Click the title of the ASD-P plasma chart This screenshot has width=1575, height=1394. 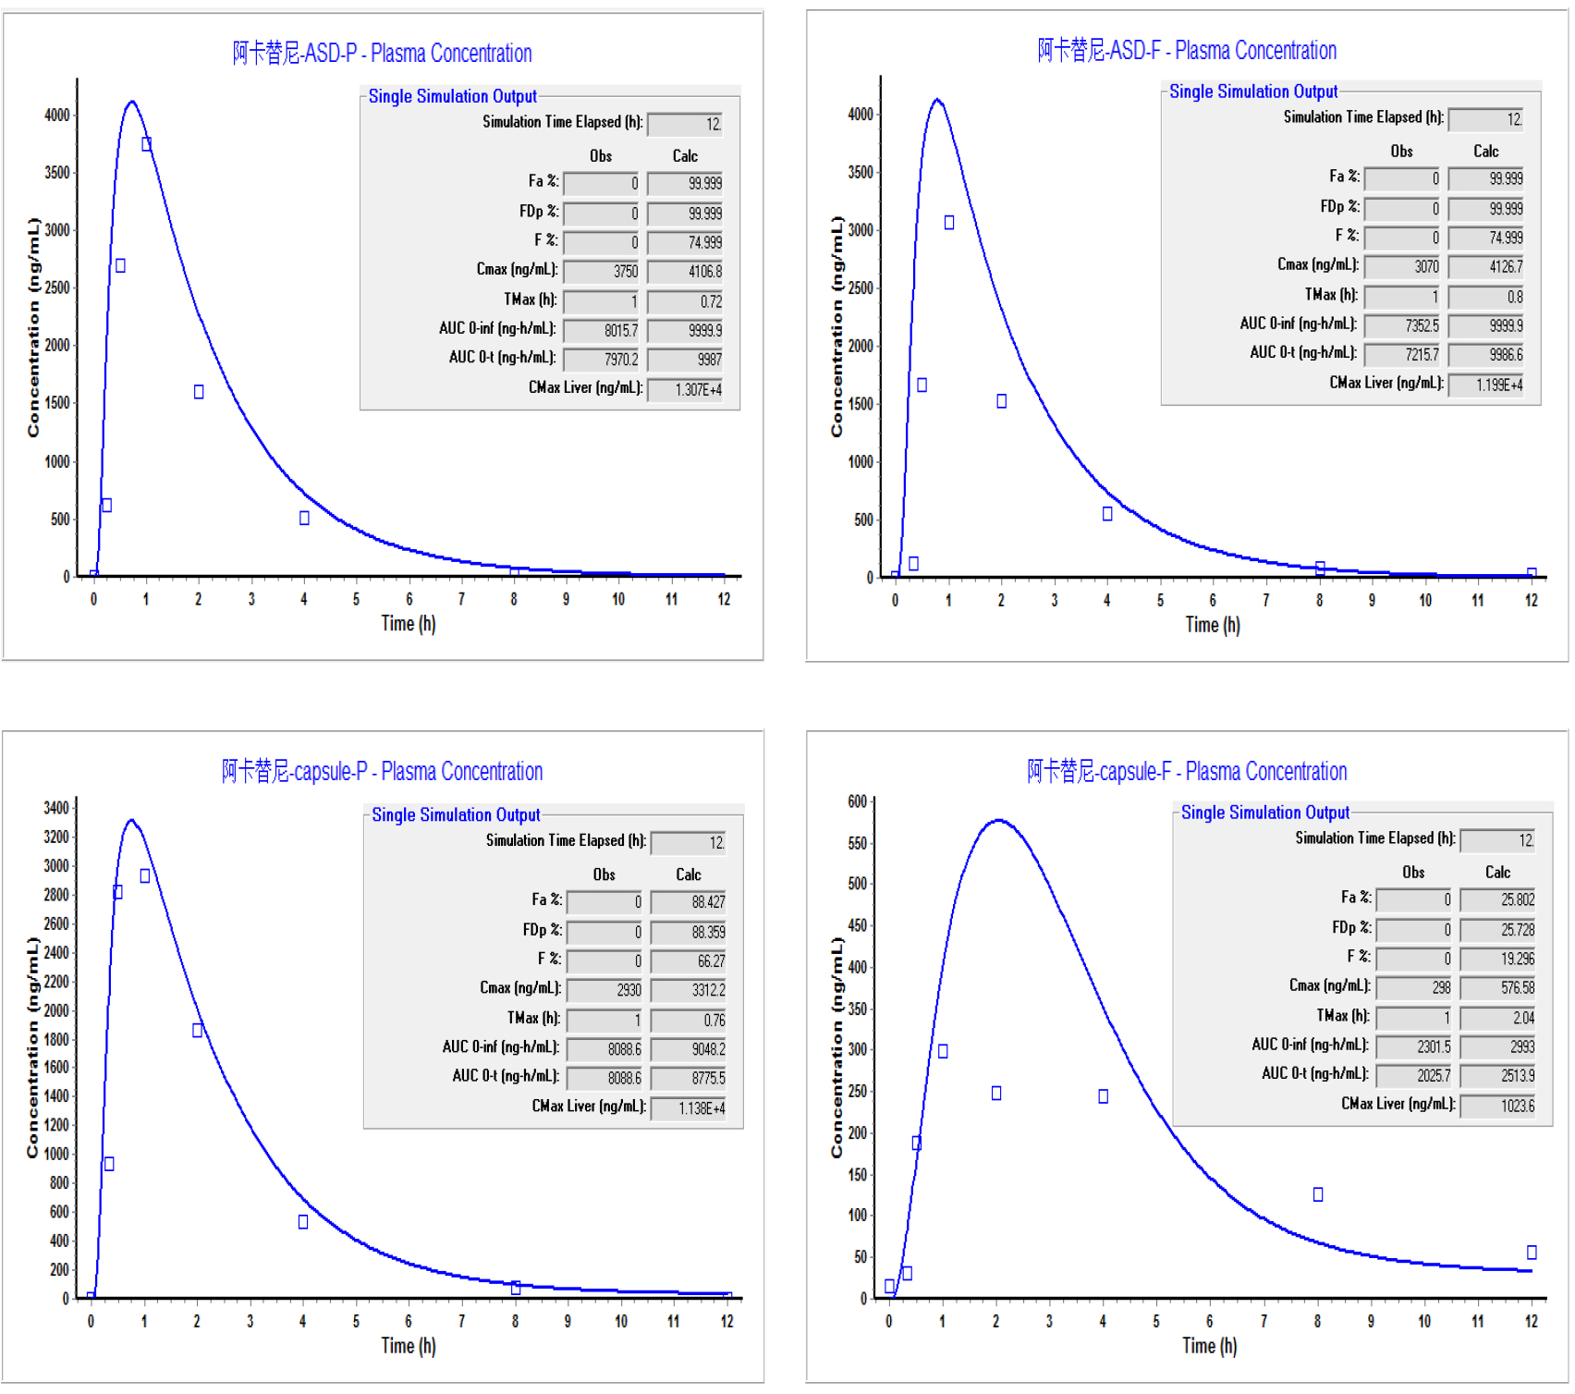click(382, 54)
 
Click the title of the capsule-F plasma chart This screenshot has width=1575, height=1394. click(1186, 771)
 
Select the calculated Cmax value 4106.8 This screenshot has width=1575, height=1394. click(686, 272)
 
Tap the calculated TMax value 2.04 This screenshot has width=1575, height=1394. click(1498, 1018)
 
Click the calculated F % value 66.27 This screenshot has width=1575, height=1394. click(690, 961)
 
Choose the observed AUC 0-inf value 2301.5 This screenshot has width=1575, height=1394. click(1415, 1047)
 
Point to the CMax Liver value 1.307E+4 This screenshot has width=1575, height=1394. click(686, 390)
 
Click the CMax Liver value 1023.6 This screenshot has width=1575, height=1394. click(1498, 1106)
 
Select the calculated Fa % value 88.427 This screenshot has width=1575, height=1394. click(690, 902)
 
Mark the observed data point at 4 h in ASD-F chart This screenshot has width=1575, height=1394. click(1107, 514)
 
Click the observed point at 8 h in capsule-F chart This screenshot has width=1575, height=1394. click(1318, 1194)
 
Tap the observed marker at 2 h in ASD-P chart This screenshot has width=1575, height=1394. click(199, 392)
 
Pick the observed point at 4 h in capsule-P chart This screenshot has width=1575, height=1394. click(303, 1222)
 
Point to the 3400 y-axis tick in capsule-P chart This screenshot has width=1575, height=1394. click(56, 808)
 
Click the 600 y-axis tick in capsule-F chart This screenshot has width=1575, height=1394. click(857, 801)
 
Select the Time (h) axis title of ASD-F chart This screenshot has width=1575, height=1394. click(1213, 626)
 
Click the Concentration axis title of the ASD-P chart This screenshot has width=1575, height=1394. click(33, 327)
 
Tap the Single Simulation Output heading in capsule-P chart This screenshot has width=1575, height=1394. click(456, 815)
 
